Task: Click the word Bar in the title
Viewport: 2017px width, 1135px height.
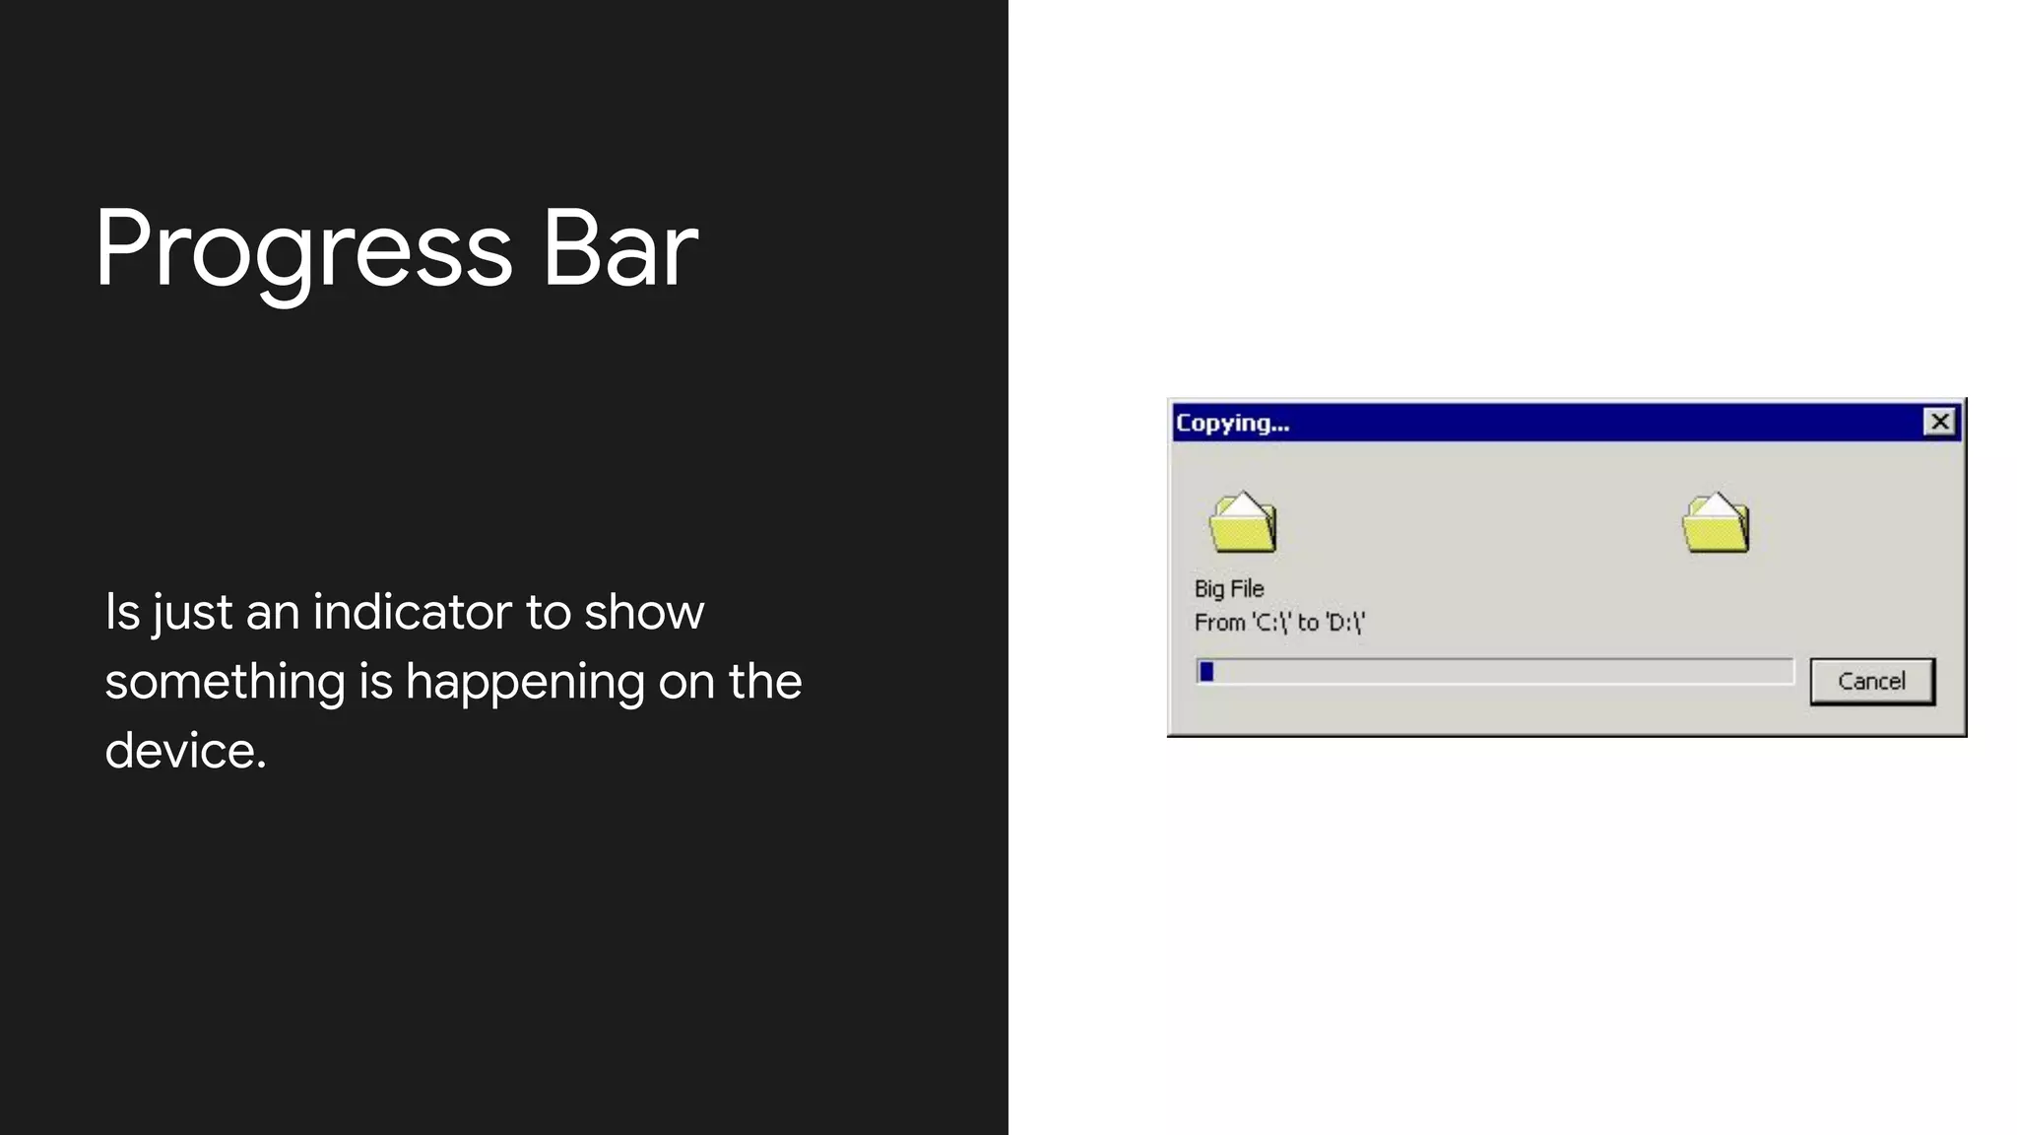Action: click(619, 249)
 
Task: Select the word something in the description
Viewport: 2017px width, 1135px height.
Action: click(225, 682)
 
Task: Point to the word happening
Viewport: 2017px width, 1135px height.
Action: click(525, 682)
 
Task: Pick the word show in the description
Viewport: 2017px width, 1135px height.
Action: click(644, 612)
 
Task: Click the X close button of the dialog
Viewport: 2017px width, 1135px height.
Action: click(1939, 422)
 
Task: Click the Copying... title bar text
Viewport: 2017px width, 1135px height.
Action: click(1232, 423)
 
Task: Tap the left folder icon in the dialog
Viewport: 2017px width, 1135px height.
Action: click(1243, 522)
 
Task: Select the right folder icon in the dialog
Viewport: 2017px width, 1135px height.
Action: click(1716, 522)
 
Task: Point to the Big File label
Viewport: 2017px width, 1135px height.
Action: click(1228, 588)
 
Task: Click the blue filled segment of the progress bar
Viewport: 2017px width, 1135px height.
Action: click(1206, 672)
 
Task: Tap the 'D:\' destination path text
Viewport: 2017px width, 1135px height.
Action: click(1344, 623)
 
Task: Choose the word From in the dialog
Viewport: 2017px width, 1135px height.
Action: click(1219, 623)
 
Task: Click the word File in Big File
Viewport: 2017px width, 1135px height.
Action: click(1247, 588)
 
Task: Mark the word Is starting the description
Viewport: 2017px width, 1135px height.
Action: click(122, 612)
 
